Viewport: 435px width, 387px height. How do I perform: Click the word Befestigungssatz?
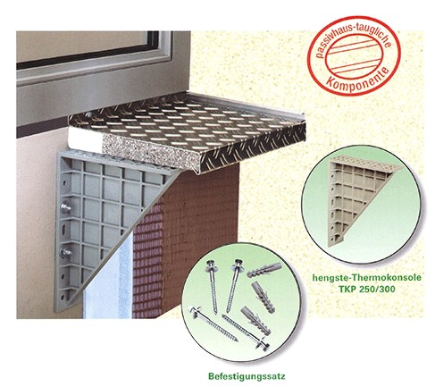pyautogui.click(x=247, y=376)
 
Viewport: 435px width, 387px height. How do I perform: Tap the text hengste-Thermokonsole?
pyautogui.click(x=366, y=278)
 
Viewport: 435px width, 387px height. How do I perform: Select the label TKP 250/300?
pyautogui.click(x=366, y=289)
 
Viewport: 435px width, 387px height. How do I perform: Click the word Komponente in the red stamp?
pyautogui.click(x=357, y=80)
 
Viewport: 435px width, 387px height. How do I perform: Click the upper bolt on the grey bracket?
pyautogui.click(x=66, y=207)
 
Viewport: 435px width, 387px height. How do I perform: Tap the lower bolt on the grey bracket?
pyautogui.click(x=66, y=252)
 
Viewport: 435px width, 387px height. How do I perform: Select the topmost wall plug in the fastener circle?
pyautogui.click(x=264, y=270)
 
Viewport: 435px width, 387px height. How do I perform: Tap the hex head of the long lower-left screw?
pyautogui.click(x=194, y=310)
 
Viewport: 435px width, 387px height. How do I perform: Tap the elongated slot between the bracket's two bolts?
pyautogui.click(x=64, y=230)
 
